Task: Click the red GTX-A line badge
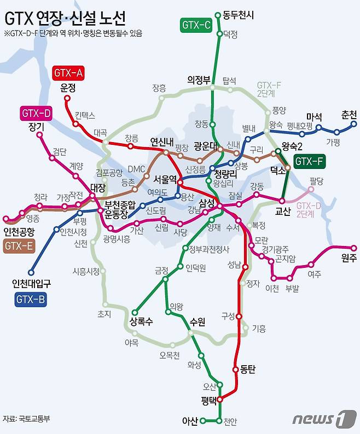point(69,73)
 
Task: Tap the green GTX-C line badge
point(195,25)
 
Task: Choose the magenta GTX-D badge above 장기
point(36,114)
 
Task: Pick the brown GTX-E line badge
point(19,246)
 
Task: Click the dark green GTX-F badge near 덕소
point(310,161)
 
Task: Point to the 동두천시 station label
point(239,15)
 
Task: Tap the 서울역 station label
point(165,179)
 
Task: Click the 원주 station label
point(349,259)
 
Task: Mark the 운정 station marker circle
point(68,99)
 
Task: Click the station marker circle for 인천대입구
point(31,272)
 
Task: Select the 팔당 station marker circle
point(311,190)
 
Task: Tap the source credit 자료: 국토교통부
point(27,419)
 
